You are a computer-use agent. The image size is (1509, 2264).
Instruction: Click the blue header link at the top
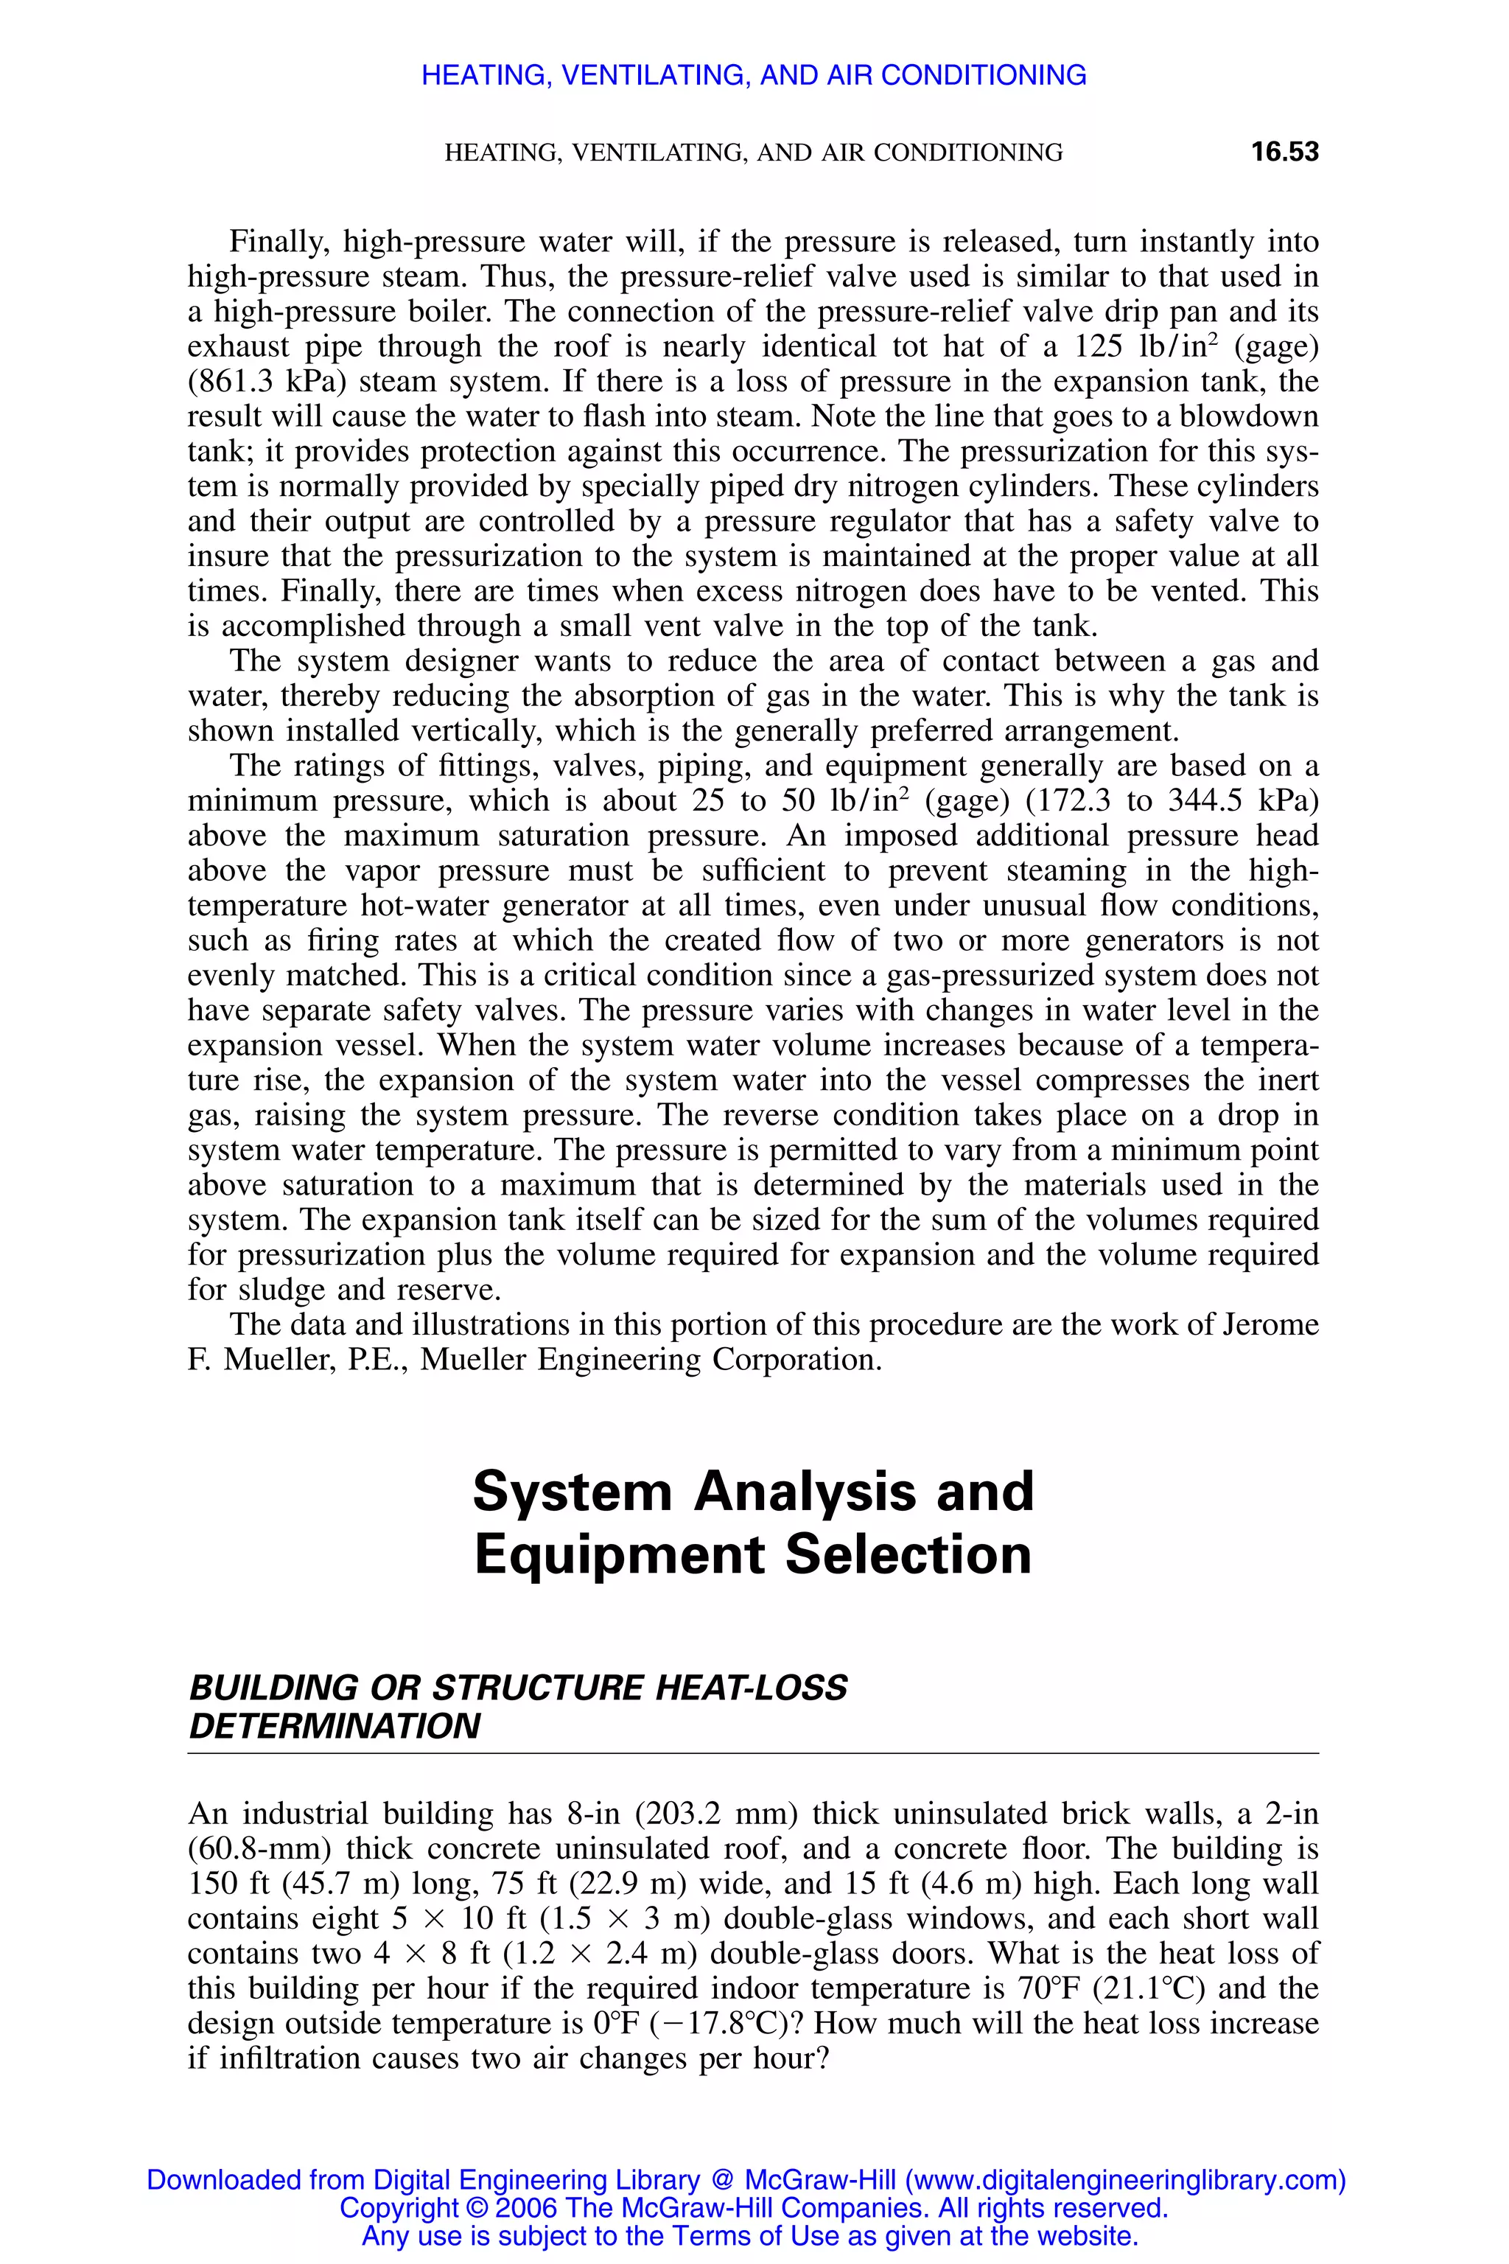[x=754, y=75]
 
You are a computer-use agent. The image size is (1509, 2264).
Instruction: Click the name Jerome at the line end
[x=1270, y=1324]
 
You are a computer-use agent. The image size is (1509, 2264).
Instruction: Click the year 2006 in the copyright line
[x=525, y=2207]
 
